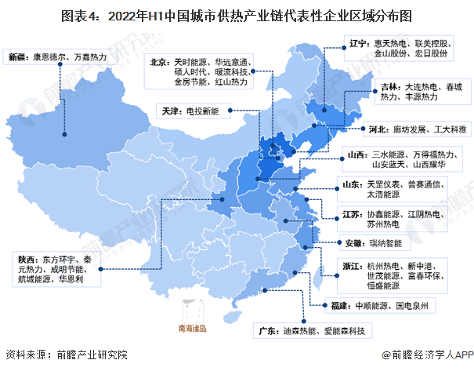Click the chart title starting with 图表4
tap(237, 15)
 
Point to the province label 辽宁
tap(360, 45)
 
